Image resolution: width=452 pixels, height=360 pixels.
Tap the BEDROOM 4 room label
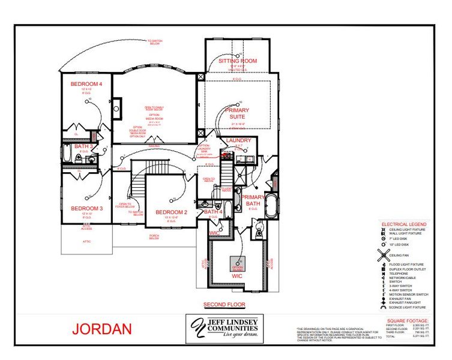click(x=86, y=83)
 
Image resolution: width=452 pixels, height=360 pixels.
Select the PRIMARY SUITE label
click(x=238, y=113)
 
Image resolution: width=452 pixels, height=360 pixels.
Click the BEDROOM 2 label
click(x=172, y=212)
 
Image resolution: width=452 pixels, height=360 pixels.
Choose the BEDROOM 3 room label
click(x=87, y=208)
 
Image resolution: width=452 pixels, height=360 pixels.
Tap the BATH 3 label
click(x=83, y=146)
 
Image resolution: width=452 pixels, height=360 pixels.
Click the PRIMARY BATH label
click(x=253, y=200)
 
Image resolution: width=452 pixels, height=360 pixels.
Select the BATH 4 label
click(x=213, y=212)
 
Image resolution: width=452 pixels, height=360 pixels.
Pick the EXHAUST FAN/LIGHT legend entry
click(x=405, y=302)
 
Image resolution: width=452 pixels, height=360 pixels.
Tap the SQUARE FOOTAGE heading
click(x=408, y=321)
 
